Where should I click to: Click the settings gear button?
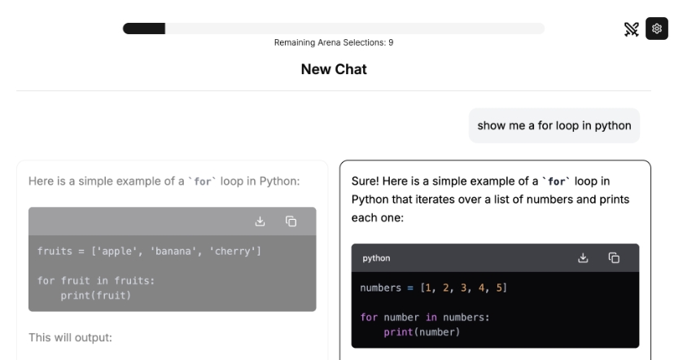(x=656, y=29)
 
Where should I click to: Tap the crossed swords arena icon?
(x=631, y=29)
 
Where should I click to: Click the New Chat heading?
(x=334, y=69)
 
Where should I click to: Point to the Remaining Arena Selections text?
(x=334, y=42)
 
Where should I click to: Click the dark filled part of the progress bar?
(x=144, y=29)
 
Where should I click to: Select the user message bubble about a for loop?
(x=554, y=125)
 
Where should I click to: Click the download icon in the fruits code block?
(x=260, y=222)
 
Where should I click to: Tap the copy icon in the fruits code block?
(x=291, y=222)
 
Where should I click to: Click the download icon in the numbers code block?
(x=583, y=258)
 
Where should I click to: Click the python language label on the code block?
(x=376, y=258)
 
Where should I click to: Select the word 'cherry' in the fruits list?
(x=233, y=251)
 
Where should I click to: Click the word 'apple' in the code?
(x=116, y=251)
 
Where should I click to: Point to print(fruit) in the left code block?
(x=96, y=296)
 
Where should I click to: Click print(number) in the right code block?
(x=422, y=332)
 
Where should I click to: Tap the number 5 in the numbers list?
(x=499, y=288)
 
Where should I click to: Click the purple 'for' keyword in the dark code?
(x=369, y=318)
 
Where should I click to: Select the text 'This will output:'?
(x=70, y=338)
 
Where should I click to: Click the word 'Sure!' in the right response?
(x=365, y=182)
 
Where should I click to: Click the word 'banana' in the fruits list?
(x=173, y=251)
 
